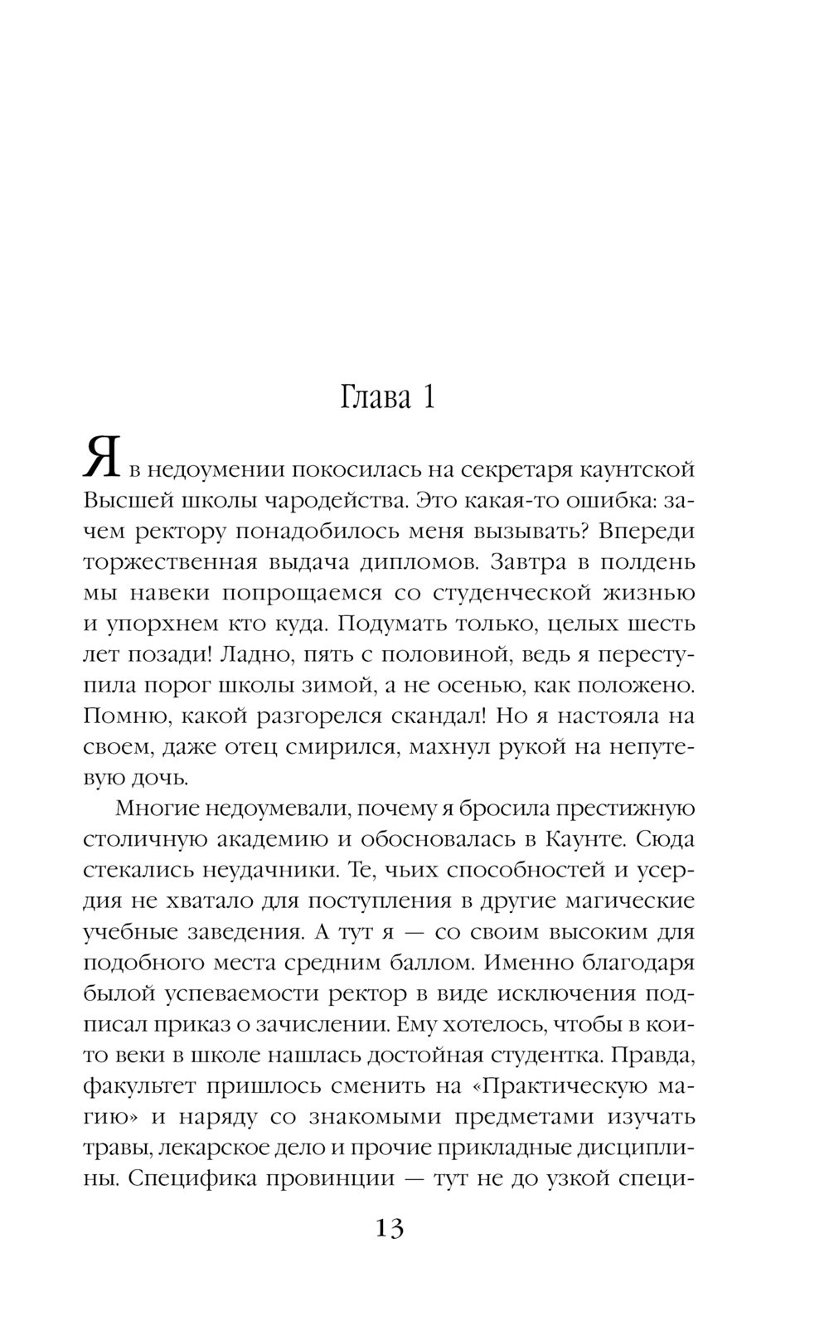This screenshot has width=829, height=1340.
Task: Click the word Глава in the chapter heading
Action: pos(376,399)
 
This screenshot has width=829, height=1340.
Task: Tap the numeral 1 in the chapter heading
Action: pos(428,399)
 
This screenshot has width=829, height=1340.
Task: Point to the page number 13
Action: pos(389,1227)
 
